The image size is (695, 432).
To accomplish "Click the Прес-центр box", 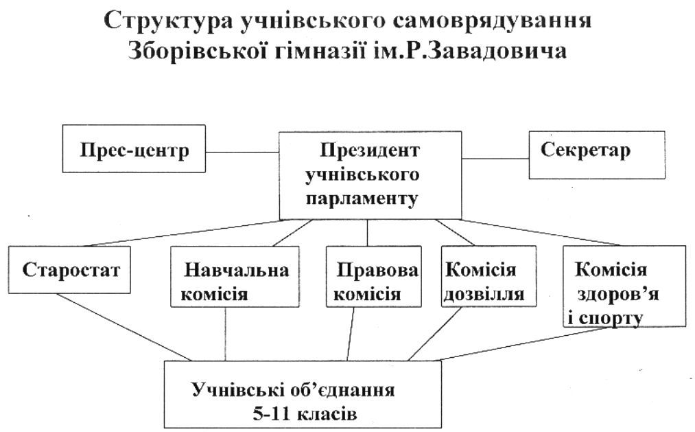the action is click(x=134, y=148).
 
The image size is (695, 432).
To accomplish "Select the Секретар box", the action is click(x=597, y=155).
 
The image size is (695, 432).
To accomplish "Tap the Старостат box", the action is click(x=69, y=270).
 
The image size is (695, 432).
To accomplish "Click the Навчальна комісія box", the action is click(x=235, y=277).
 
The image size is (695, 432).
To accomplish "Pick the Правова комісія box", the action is click(x=374, y=277).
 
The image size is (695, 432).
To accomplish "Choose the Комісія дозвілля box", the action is click(x=489, y=277).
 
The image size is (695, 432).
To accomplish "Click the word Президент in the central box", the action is click(x=370, y=150).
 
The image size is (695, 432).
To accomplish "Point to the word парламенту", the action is click(x=362, y=198).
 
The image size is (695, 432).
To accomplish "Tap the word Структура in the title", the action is click(x=168, y=21).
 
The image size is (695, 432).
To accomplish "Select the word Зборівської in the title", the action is click(x=197, y=51).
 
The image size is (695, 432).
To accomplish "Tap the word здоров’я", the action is click(x=617, y=295).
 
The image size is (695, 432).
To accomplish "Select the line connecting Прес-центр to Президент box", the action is click(x=242, y=152).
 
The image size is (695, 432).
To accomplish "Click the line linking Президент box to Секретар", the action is click(x=495, y=159).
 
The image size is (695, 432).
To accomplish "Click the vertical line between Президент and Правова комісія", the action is click(x=368, y=233).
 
